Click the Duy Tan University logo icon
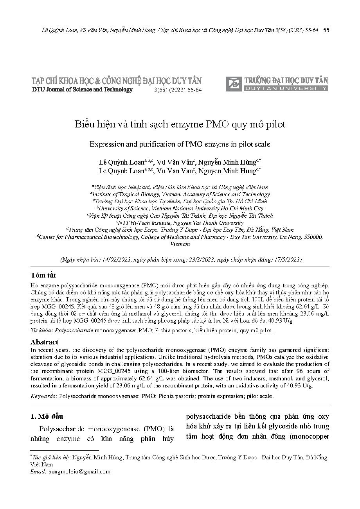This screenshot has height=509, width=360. click(234, 84)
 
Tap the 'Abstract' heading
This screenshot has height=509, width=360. click(45, 342)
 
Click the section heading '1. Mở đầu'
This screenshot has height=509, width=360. click(47, 416)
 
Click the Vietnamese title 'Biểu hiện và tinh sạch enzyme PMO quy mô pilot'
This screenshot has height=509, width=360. click(180, 124)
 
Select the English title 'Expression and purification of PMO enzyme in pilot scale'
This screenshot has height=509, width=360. click(180, 144)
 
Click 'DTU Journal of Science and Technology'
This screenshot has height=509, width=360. click(82, 90)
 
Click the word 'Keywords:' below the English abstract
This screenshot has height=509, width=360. click(44, 396)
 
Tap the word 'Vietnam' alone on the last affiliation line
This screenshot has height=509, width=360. click(180, 244)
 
